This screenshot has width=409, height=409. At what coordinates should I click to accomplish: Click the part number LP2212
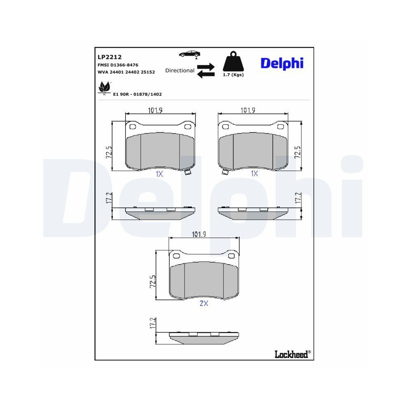click(109, 57)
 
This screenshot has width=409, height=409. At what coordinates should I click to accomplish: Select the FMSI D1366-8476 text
click(118, 65)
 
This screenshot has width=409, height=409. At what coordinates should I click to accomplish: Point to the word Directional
click(180, 70)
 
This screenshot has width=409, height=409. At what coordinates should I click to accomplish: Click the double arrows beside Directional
click(206, 70)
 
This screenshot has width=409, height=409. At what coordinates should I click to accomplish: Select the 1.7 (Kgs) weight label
click(233, 75)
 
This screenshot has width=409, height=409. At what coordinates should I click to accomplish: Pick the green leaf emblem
click(104, 88)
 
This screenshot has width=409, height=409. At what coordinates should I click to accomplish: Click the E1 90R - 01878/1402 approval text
click(137, 94)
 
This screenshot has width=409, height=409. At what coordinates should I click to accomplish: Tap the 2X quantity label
click(204, 303)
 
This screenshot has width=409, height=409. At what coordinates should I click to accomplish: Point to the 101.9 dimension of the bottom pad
click(198, 234)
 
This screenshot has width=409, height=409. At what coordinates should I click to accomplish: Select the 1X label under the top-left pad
click(160, 174)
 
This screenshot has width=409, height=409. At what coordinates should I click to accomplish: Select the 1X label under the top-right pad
click(254, 174)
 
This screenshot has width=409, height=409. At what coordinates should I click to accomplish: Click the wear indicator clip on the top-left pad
click(188, 172)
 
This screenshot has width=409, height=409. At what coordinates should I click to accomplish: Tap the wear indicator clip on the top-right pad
click(225, 172)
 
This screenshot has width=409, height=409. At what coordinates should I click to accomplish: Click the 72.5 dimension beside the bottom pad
click(153, 282)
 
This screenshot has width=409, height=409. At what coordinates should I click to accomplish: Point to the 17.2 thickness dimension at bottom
click(153, 323)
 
